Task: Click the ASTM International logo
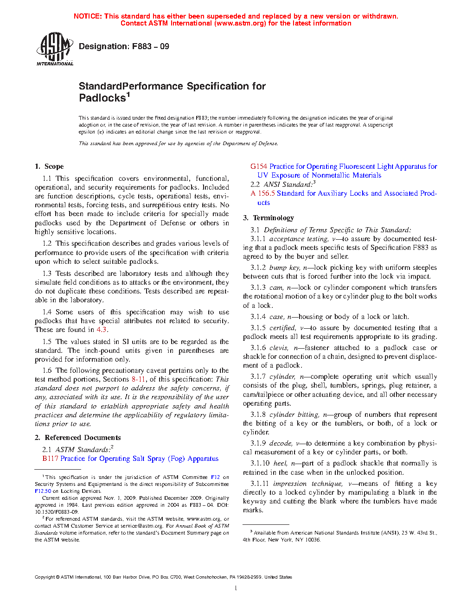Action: (x=55, y=49)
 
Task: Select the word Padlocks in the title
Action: (x=102, y=98)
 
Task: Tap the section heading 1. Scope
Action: (x=49, y=166)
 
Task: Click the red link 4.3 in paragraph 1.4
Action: (x=102, y=330)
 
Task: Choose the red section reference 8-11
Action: (x=138, y=379)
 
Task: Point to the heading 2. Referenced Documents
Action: (x=78, y=438)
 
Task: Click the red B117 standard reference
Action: (x=50, y=459)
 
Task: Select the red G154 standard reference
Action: (x=259, y=166)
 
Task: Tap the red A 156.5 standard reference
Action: (x=263, y=193)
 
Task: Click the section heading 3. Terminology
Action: (x=268, y=218)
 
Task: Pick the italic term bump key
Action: (x=284, y=268)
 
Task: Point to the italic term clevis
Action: (x=279, y=348)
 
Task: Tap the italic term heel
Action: (x=280, y=463)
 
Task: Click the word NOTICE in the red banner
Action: (x=88, y=16)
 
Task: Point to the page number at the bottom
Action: (x=236, y=588)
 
